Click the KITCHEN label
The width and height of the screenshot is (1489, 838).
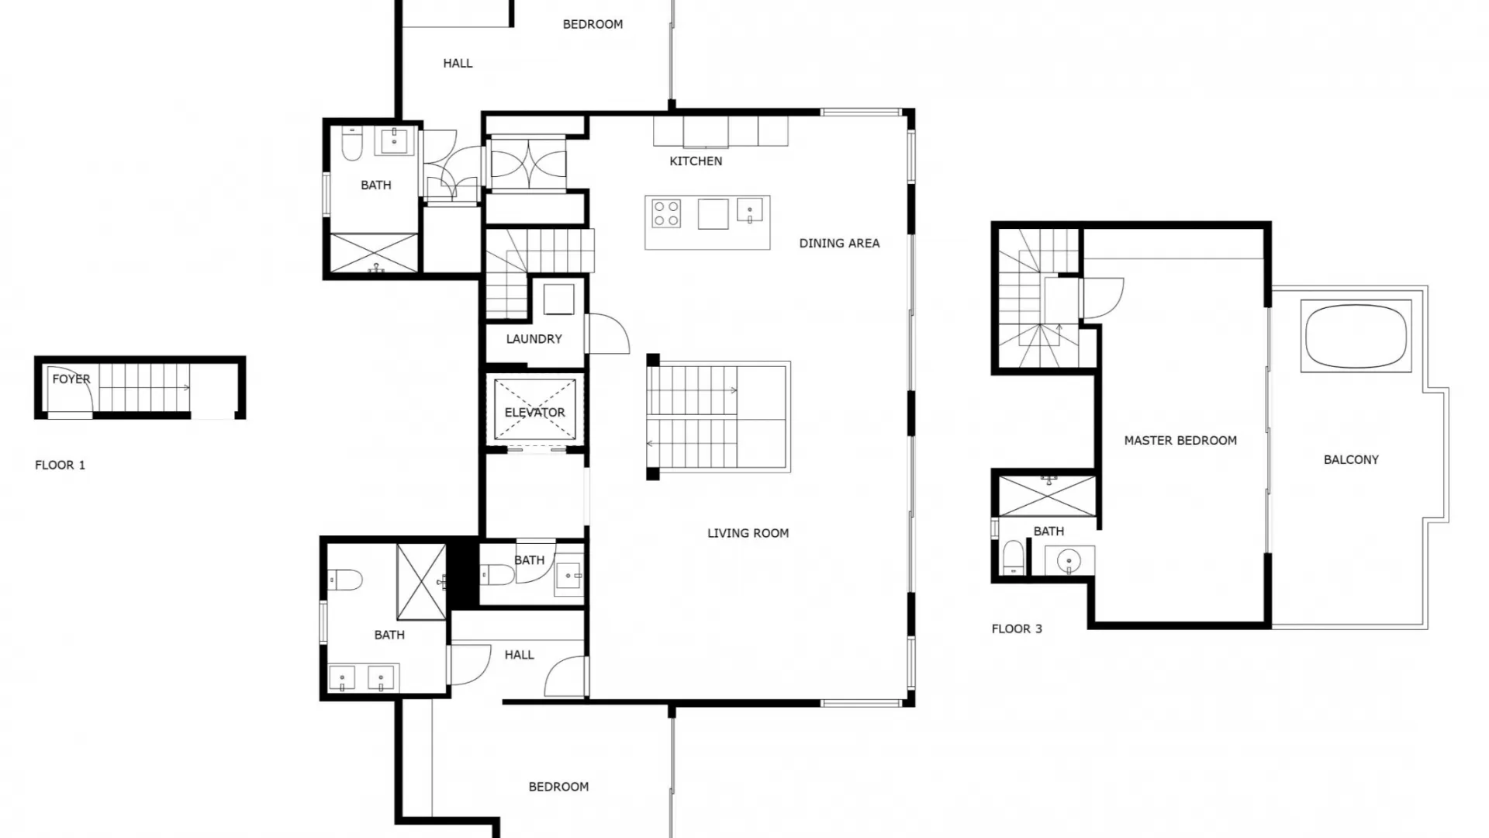point(696,161)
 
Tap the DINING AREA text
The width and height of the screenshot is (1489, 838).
point(839,244)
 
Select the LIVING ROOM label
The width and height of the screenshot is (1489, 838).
point(748,533)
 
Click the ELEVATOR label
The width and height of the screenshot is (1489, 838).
point(534,413)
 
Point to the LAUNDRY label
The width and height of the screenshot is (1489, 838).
point(534,339)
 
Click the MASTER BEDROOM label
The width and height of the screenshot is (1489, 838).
point(1180,441)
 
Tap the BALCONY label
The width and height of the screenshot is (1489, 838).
point(1351,460)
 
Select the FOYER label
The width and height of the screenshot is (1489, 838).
point(71,379)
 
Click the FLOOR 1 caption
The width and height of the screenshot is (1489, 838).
point(60,466)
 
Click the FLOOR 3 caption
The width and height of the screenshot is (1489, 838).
point(1017,629)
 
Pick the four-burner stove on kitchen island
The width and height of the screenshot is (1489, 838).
point(666,213)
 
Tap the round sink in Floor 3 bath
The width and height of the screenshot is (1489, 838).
point(1069,559)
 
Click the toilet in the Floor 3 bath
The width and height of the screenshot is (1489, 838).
point(1013,558)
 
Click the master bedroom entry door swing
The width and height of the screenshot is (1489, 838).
point(1101,298)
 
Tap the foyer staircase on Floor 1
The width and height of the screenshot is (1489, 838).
point(144,388)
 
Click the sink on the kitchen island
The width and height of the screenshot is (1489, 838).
point(749,210)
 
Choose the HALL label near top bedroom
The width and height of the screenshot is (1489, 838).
point(458,64)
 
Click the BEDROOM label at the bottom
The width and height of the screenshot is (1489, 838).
point(558,787)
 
